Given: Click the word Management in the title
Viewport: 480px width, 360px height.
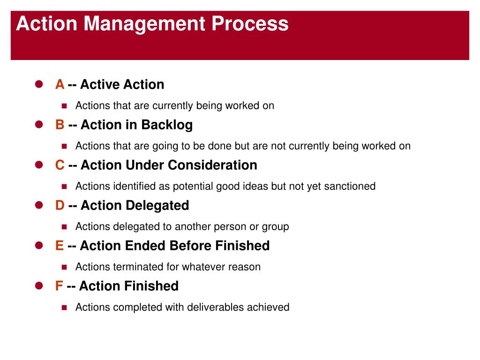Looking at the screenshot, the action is click(144, 24).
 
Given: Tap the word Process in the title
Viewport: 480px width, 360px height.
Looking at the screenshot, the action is click(250, 23).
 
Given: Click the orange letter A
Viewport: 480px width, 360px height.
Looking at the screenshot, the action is click(60, 84).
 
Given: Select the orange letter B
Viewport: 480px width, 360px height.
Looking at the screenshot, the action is click(60, 125).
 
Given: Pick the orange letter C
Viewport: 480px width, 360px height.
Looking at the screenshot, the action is click(60, 165).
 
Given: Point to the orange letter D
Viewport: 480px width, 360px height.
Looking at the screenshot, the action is click(60, 205).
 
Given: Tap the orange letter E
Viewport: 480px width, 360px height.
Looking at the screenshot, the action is click(60, 246).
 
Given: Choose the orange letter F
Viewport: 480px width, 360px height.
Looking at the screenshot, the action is click(59, 286).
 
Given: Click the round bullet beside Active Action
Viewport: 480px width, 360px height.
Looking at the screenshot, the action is click(39, 84).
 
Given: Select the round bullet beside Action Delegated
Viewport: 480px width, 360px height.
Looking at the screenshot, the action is click(39, 205).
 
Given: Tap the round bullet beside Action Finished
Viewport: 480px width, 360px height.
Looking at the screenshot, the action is click(39, 285).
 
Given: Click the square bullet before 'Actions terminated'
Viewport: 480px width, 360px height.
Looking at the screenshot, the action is click(64, 267).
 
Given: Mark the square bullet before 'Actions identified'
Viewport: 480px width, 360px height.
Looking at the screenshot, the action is click(64, 187).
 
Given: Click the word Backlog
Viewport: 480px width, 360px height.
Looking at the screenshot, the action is click(167, 125).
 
